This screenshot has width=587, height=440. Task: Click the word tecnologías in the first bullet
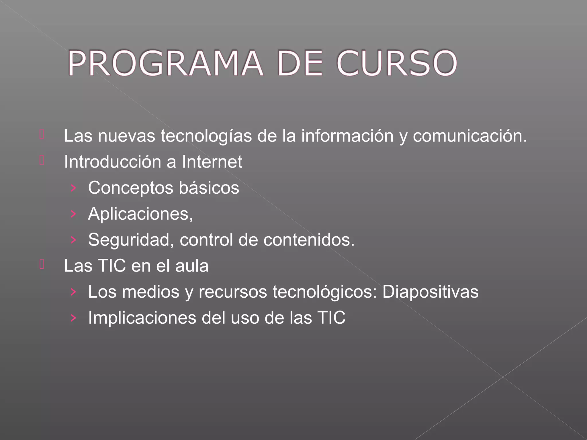coord(206,136)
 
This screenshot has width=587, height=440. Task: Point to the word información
coord(347,136)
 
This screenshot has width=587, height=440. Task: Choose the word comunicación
coord(469,136)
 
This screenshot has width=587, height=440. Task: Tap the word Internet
coord(212,162)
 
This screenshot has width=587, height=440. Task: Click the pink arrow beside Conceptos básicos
coord(73,188)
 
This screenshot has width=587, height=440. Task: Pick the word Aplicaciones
coord(140,214)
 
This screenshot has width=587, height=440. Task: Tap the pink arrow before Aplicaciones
coord(73,214)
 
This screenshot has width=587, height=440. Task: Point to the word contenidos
coord(309,239)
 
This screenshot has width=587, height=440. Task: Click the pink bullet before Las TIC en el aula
coord(42,264)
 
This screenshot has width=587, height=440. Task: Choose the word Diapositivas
coord(430,292)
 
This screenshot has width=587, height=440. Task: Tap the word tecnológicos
coord(324,292)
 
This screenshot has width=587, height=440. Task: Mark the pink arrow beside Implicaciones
coord(73,318)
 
